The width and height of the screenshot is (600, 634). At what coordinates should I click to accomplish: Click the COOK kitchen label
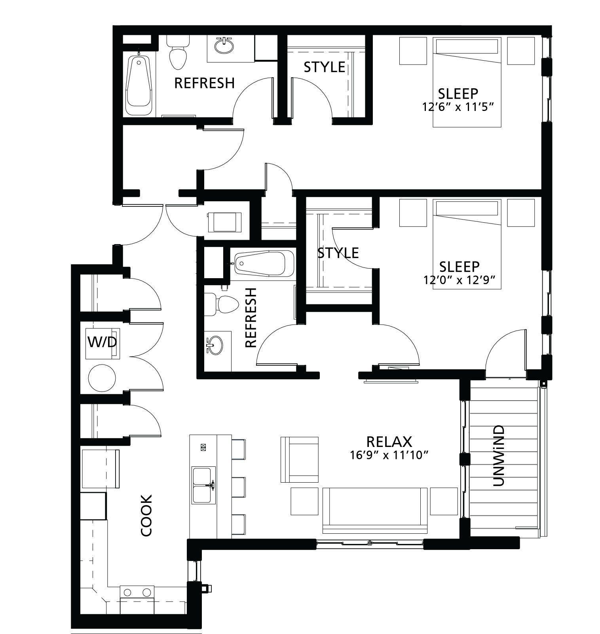coord(146,515)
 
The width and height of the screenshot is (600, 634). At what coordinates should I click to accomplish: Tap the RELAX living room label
coord(389,441)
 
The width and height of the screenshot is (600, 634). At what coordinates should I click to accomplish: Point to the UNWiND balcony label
coord(499,456)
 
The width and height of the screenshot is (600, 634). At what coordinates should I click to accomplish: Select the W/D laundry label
coord(102,341)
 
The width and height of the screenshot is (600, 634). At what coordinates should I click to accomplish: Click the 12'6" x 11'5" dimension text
coord(459,107)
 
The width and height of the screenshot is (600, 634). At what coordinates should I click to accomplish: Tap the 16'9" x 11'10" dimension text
coord(389,456)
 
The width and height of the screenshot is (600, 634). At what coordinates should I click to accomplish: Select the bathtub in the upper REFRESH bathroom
coord(139,83)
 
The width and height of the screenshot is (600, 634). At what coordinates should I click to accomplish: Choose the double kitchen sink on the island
coord(203,485)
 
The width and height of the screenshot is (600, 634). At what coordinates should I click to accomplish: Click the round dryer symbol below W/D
coord(102,378)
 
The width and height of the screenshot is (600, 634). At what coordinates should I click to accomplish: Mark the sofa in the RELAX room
coord(375,510)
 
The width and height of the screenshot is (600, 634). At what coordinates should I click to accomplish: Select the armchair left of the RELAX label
coord(299,460)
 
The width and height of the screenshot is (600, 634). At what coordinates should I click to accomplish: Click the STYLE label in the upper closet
coord(324,67)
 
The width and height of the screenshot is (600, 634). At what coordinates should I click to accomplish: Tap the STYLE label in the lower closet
coord(338,252)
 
